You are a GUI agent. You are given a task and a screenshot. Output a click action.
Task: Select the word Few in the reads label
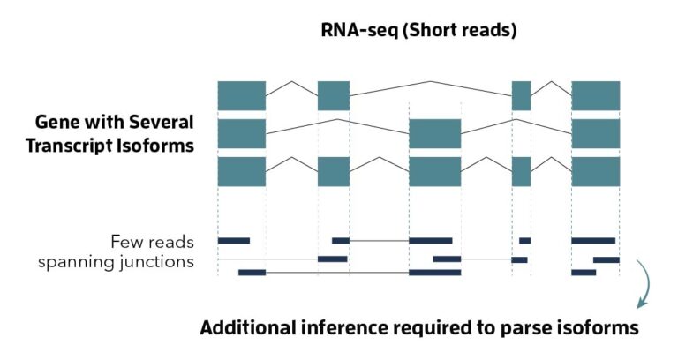click(x=128, y=241)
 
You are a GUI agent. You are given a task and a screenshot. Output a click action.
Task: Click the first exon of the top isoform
click(x=242, y=95)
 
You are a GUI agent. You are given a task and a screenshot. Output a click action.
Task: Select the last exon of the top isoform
click(x=596, y=95)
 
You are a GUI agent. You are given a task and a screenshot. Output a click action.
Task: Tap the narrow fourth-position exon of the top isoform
click(x=521, y=95)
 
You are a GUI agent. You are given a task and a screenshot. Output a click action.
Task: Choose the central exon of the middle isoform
click(x=434, y=133)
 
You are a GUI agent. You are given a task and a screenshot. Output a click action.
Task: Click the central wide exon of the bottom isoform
click(x=434, y=171)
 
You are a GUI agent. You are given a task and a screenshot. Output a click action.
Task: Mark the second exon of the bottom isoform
click(x=334, y=171)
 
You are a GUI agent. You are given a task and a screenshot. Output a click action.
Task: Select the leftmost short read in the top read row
click(x=234, y=240)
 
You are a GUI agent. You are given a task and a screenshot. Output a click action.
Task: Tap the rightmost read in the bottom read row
click(x=584, y=273)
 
